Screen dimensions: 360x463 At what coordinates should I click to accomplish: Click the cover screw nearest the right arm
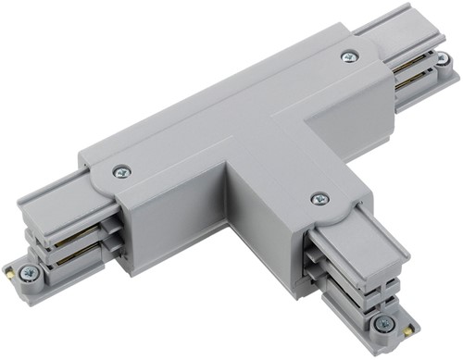[x=349, y=56]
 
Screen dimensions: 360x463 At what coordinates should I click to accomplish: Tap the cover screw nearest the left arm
[x=121, y=171]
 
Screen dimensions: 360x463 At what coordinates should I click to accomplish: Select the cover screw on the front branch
[x=319, y=198]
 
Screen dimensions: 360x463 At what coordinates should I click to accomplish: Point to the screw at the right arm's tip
[x=444, y=58]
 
